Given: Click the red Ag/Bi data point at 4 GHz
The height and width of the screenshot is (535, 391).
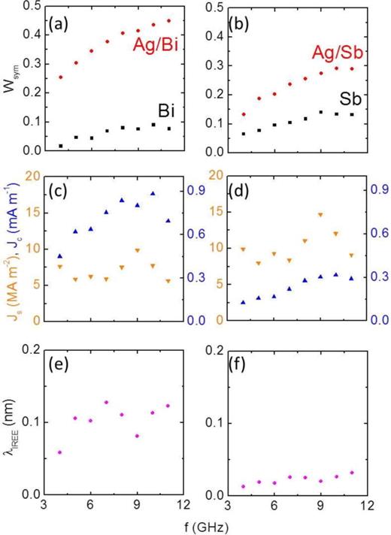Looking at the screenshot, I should [x=60, y=77].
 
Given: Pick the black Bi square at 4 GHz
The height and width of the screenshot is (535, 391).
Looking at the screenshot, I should [x=60, y=146].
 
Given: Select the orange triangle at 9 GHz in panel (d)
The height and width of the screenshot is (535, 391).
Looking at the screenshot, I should [x=320, y=215].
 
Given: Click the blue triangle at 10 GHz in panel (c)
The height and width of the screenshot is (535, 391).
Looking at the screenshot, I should [x=153, y=193].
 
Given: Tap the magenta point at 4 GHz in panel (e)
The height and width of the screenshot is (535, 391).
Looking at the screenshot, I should [x=60, y=452].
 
